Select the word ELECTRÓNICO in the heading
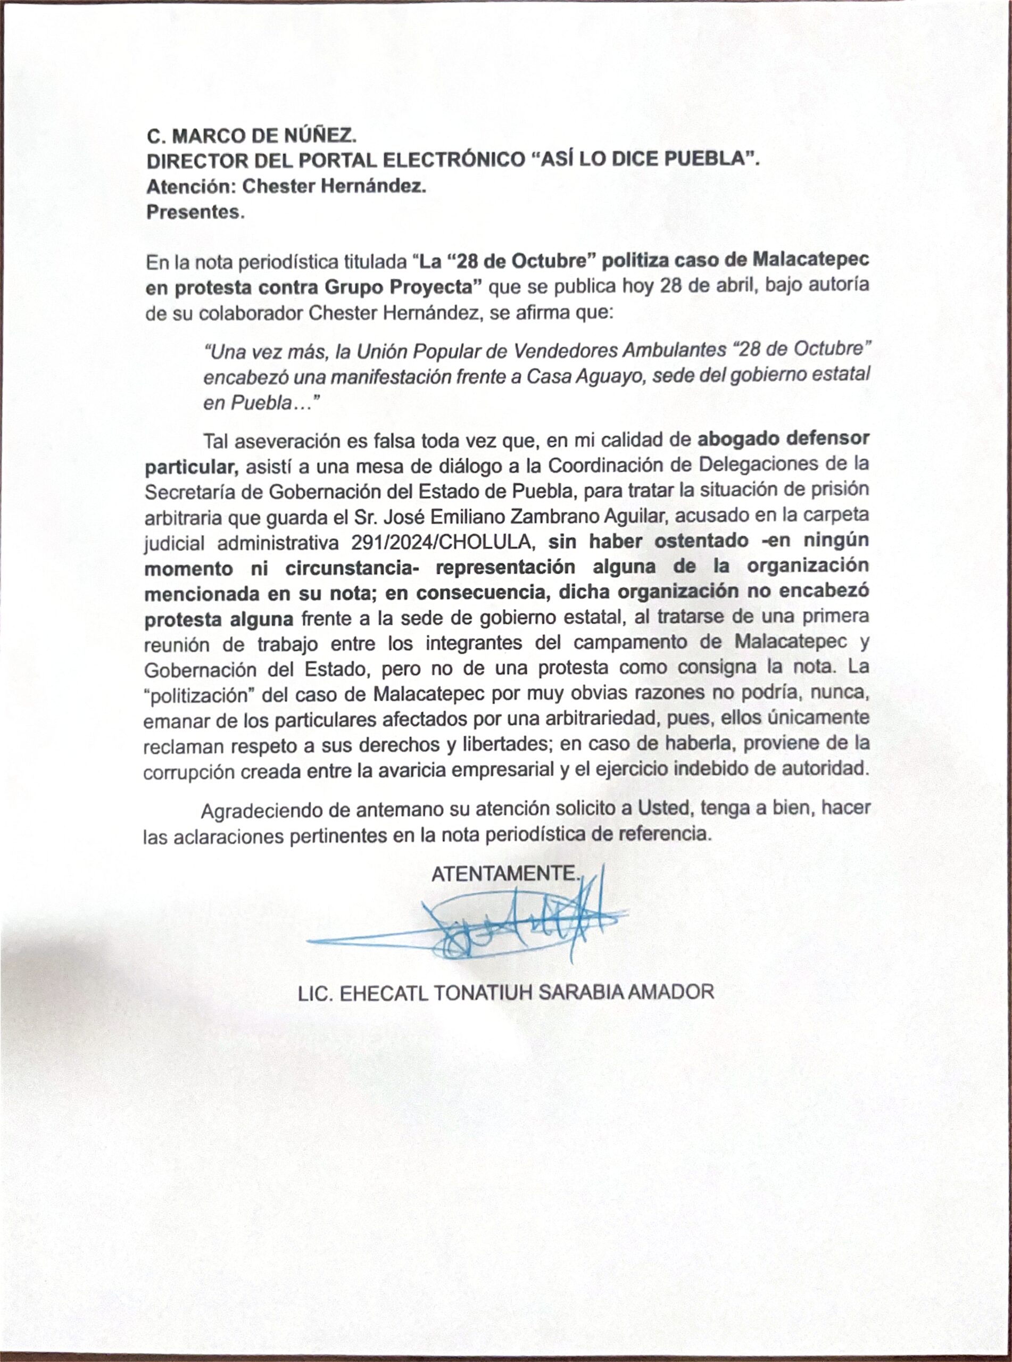tap(453, 161)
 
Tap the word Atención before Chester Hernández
tap(191, 186)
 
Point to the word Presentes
tap(195, 212)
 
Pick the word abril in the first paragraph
tap(711, 286)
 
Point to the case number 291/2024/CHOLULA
tap(444, 542)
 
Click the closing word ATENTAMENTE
tap(505, 874)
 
